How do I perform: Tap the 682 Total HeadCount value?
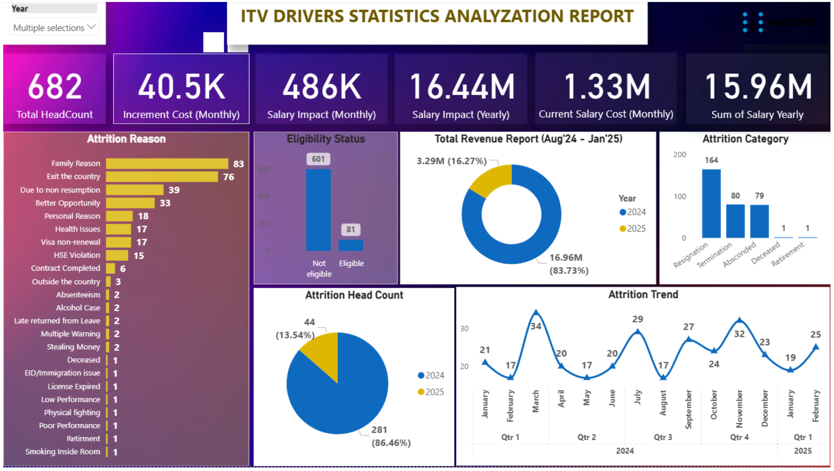[55, 87]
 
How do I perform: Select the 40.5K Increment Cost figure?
[181, 87]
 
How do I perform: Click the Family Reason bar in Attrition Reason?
[167, 164]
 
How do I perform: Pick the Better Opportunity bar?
[130, 203]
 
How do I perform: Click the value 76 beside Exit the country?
[228, 177]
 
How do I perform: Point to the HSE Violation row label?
[77, 255]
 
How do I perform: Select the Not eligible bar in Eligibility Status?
[318, 210]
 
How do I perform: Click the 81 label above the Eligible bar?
[351, 230]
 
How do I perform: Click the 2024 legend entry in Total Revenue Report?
[632, 212]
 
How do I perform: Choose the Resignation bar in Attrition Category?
[711, 203]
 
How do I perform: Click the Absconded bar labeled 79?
[759, 221]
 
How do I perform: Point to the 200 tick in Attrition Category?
[679, 154]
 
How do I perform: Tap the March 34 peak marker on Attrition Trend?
[536, 313]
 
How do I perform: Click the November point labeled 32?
[740, 320]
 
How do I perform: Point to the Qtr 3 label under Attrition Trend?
[663, 437]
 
